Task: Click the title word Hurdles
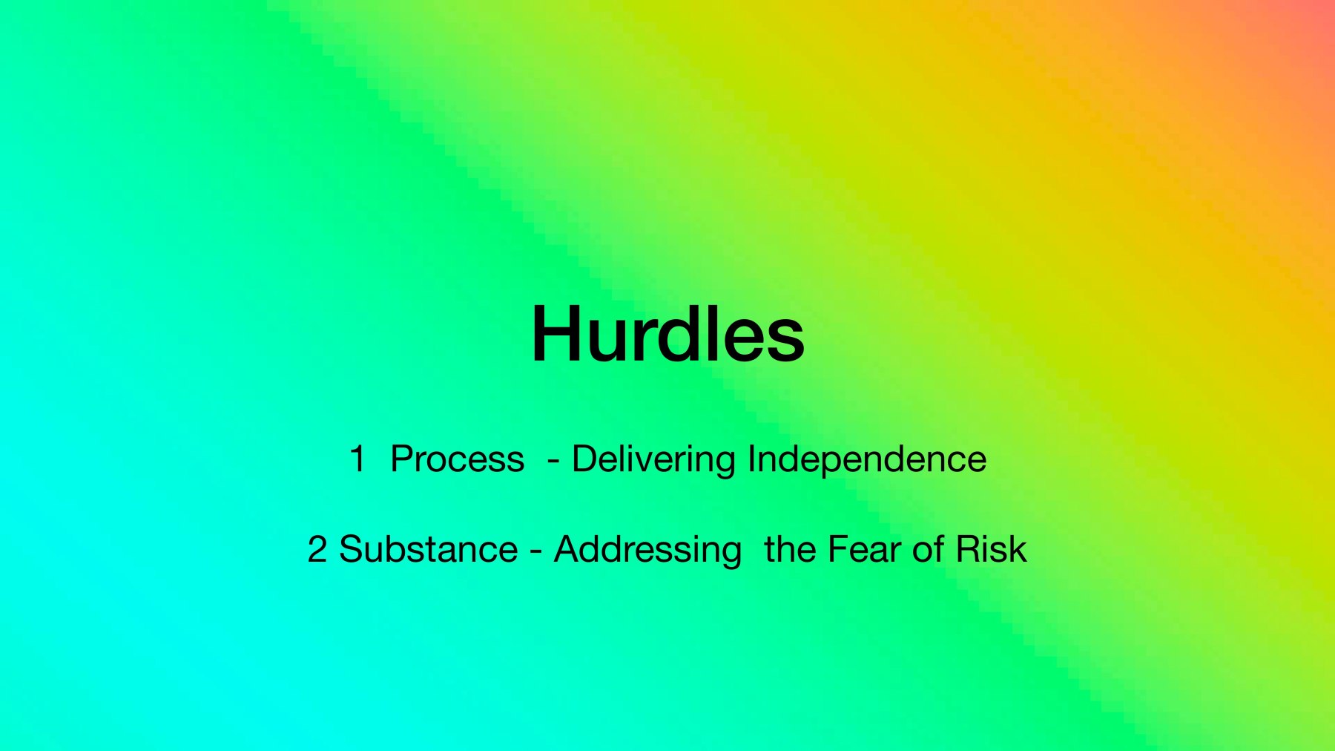click(x=667, y=334)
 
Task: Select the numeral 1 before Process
click(x=357, y=459)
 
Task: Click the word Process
click(x=457, y=459)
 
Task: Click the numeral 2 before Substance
click(x=317, y=549)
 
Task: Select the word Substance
click(x=429, y=549)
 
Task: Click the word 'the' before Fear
click(x=790, y=549)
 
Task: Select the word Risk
click(x=992, y=549)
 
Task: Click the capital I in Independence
click(x=751, y=459)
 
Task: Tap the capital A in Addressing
click(x=568, y=550)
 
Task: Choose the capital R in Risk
click(x=969, y=550)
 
